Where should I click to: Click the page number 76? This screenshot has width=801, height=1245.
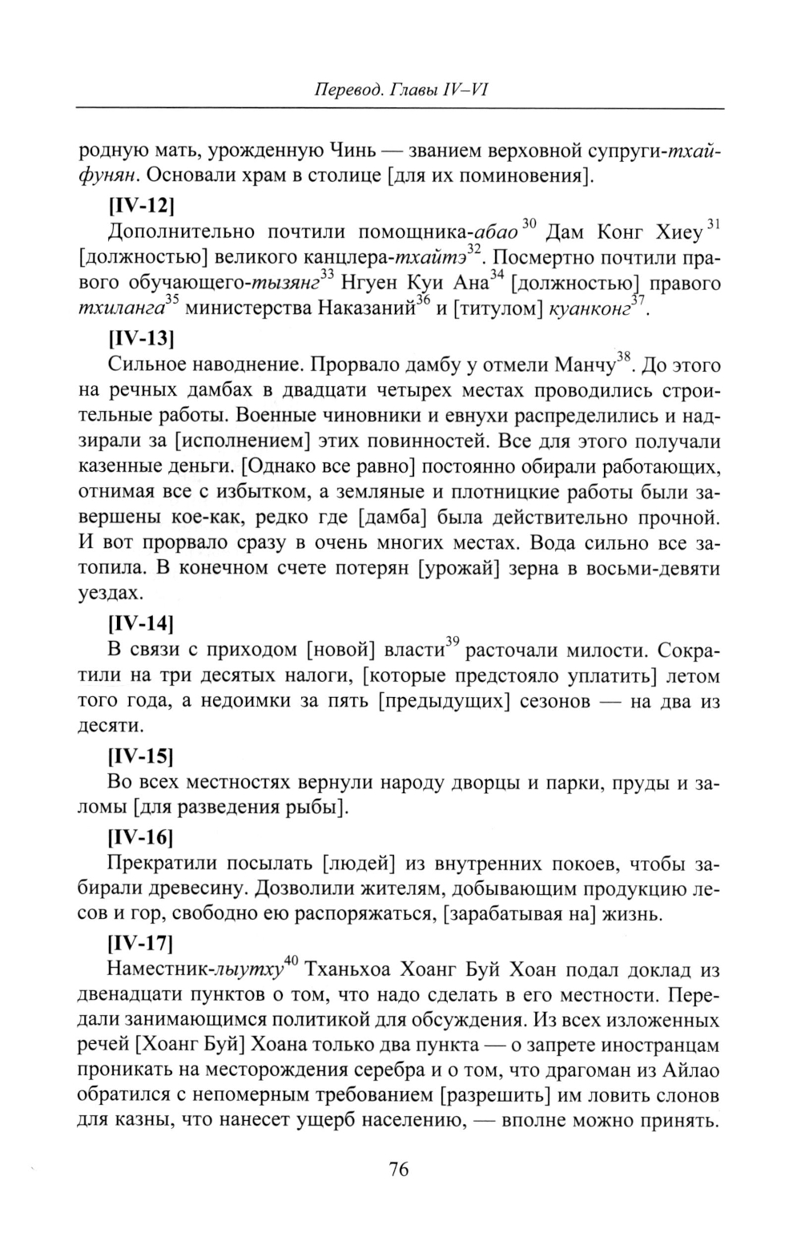pos(399,1170)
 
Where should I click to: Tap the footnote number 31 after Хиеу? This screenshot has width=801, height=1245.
pos(714,224)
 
